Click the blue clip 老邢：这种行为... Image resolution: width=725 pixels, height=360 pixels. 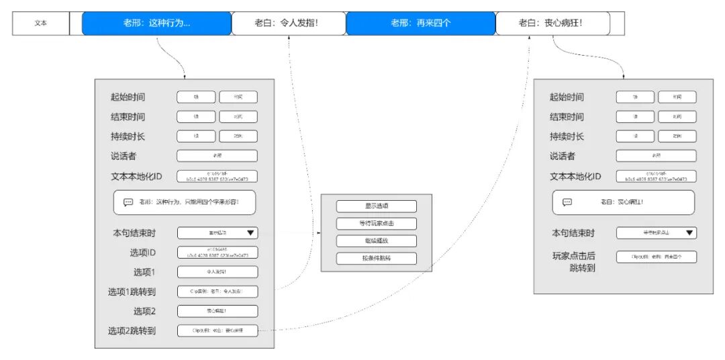tap(156, 23)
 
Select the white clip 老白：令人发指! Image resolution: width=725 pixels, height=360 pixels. tap(288, 23)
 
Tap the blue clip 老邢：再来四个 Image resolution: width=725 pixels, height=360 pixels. tap(420, 23)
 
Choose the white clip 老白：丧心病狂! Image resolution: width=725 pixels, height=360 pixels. tap(552, 23)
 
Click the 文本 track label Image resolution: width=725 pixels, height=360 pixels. tap(41, 23)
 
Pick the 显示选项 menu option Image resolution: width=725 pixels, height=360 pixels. tap(377, 206)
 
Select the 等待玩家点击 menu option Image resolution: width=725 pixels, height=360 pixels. tap(377, 224)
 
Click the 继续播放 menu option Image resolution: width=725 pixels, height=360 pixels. tap(377, 241)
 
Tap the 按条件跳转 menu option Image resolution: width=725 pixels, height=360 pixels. tap(377, 259)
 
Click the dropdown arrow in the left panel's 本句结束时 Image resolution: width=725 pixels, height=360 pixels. tap(251, 233)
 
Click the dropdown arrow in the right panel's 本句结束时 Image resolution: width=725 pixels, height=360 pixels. tap(689, 233)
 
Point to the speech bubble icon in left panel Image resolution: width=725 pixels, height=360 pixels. tap(128, 202)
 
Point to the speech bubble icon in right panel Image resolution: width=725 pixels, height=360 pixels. tap(567, 202)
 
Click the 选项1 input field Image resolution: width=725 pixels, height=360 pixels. tap(217, 272)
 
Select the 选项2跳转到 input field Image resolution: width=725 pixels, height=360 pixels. tap(217, 330)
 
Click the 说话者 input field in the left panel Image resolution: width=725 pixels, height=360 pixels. tap(217, 156)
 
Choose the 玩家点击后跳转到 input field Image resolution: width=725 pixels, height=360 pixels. tap(657, 257)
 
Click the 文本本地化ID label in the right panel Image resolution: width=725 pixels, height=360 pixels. tap(575, 177)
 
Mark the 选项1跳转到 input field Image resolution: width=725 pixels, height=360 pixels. tap(217, 291)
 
